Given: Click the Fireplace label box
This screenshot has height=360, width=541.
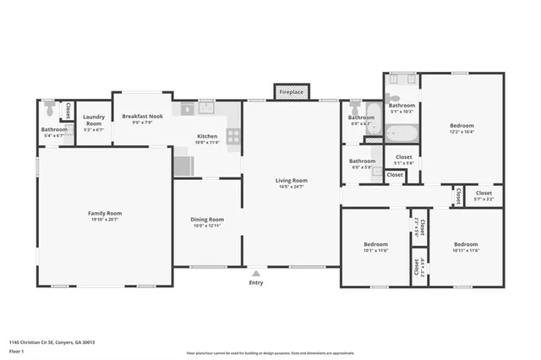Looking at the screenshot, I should click(x=291, y=91).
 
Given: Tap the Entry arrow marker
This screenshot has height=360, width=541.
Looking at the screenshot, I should click(x=255, y=273).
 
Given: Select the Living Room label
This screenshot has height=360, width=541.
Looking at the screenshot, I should click(x=291, y=180).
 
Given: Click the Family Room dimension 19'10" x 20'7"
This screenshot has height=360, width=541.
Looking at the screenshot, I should click(x=106, y=220).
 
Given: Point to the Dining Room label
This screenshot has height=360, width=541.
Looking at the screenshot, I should click(x=207, y=219).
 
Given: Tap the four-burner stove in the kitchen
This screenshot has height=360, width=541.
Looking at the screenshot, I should click(x=233, y=134).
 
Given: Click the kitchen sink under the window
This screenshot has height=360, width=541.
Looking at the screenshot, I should click(x=205, y=107).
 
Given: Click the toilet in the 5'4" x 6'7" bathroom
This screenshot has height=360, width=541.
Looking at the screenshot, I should click(x=50, y=110).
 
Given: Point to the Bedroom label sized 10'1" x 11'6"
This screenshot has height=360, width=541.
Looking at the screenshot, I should click(x=375, y=244).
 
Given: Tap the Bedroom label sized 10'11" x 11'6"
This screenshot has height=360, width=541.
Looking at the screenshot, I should click(x=466, y=244).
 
